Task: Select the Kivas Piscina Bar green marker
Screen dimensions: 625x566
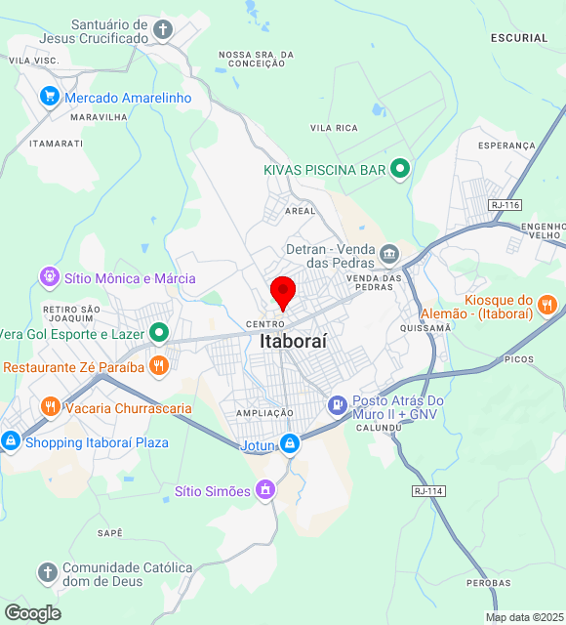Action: click(x=399, y=169)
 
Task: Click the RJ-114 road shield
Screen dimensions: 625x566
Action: click(x=427, y=490)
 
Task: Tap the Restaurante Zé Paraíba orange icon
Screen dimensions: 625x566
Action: click(x=159, y=367)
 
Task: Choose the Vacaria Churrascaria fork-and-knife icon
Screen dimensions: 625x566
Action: click(x=50, y=407)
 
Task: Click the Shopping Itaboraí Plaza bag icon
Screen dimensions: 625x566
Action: click(x=11, y=441)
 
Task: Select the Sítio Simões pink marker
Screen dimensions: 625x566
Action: click(x=265, y=490)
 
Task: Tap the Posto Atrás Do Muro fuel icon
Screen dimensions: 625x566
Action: click(x=337, y=403)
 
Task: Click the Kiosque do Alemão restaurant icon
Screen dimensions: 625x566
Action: click(x=547, y=304)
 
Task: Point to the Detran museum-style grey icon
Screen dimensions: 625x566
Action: click(x=389, y=254)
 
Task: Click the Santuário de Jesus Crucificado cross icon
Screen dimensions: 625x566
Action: click(x=163, y=30)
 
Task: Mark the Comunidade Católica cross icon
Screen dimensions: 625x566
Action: click(x=47, y=573)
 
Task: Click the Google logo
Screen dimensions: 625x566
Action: click(x=31, y=612)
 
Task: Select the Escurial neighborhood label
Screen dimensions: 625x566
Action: click(x=520, y=38)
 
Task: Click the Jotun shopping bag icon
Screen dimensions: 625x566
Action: click(x=290, y=444)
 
